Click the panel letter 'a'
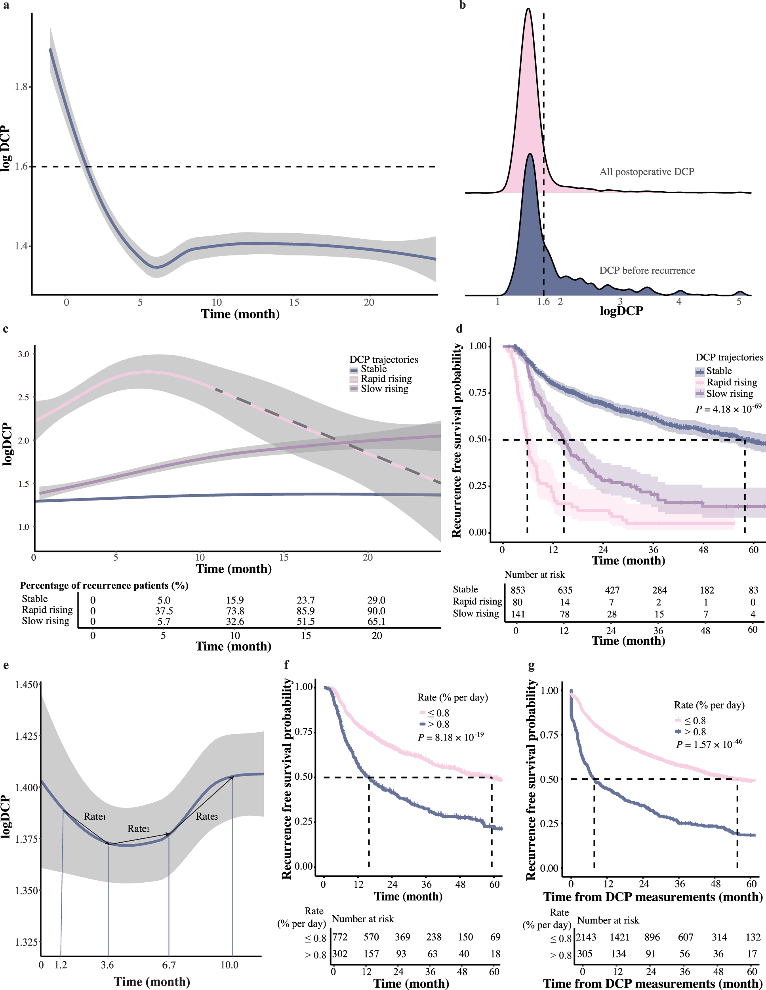click(x=6, y=6)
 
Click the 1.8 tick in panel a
click(x=21, y=87)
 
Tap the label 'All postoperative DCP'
click(x=646, y=172)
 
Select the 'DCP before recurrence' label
click(x=647, y=270)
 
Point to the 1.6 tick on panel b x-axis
click(x=543, y=302)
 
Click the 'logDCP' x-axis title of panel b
click(x=621, y=311)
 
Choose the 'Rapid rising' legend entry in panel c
click(x=386, y=379)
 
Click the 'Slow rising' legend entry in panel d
click(x=729, y=394)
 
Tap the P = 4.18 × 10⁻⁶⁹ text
click(x=728, y=409)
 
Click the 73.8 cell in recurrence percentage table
click(x=235, y=611)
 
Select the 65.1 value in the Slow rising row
click(x=376, y=621)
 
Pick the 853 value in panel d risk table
click(x=518, y=590)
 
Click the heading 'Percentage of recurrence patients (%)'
click(x=104, y=585)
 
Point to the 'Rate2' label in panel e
click(x=138, y=828)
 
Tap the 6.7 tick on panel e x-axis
click(x=169, y=965)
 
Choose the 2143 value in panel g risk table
click(x=586, y=937)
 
